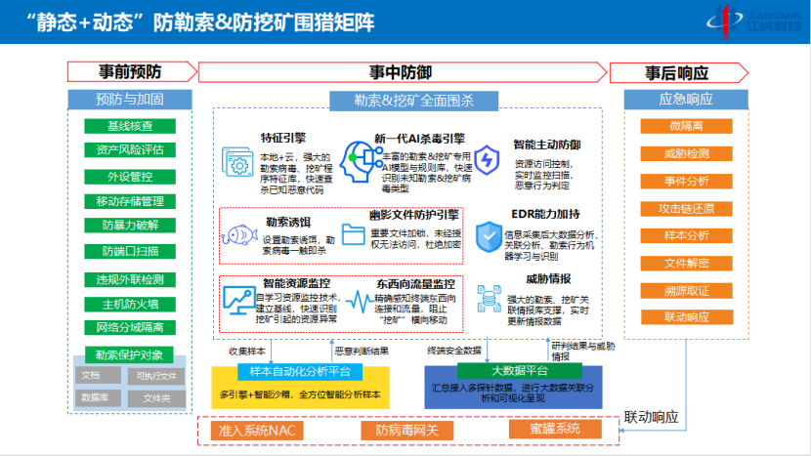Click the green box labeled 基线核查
coord(130,126)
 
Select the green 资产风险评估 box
coord(130,150)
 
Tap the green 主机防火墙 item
coord(130,304)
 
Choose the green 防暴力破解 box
coord(130,226)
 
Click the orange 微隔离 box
coord(686,126)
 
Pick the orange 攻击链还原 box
coord(686,209)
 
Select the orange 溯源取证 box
coord(686,290)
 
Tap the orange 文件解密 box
coord(686,263)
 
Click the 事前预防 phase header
coord(129,72)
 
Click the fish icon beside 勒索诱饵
coord(239,235)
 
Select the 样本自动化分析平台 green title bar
coord(286,371)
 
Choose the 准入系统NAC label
coord(253,430)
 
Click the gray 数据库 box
coord(95,398)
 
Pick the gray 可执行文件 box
coord(156,375)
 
